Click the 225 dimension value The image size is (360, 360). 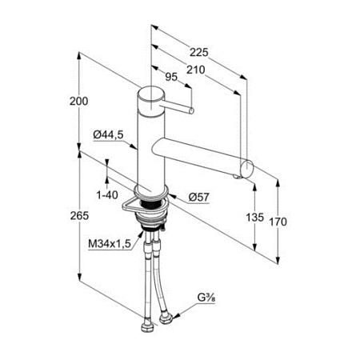pyautogui.click(x=198, y=52)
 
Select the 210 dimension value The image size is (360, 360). pyautogui.click(x=195, y=70)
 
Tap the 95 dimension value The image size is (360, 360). pyautogui.click(x=171, y=77)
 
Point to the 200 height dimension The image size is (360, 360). pyautogui.click(x=78, y=102)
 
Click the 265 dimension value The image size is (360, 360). pyautogui.click(x=79, y=215)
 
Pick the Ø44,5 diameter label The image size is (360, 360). pyautogui.click(x=109, y=135)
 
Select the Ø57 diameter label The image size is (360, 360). pyautogui.click(x=199, y=198)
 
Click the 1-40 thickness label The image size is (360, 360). pyautogui.click(x=107, y=195)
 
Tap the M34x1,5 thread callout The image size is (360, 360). pyautogui.click(x=110, y=243)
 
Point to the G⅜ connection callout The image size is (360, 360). pyautogui.click(x=206, y=298)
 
